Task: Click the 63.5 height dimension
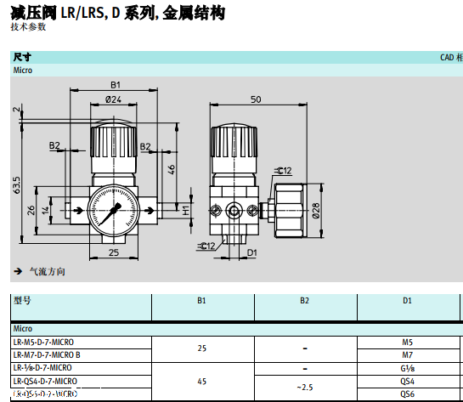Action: point(16,184)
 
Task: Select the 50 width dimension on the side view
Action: point(256,99)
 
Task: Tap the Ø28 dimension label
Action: point(315,210)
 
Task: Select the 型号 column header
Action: point(22,300)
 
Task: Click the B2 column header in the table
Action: point(304,300)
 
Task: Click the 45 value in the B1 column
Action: point(201,381)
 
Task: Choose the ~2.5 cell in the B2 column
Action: point(304,388)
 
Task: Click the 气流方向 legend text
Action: point(47,272)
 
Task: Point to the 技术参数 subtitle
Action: point(28,27)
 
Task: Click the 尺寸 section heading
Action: point(22,57)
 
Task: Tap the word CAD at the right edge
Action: point(446,58)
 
